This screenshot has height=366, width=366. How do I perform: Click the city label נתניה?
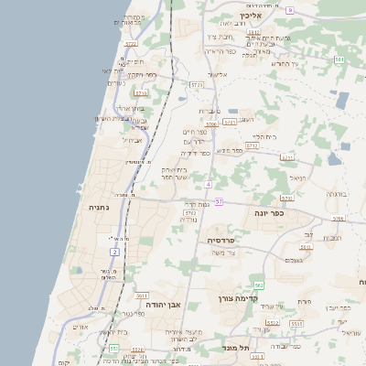[x=98, y=208]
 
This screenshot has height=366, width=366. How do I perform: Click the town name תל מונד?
[x=235, y=348]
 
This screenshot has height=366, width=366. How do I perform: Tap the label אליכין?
[x=251, y=16]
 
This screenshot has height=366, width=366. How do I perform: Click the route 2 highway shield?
[x=115, y=251]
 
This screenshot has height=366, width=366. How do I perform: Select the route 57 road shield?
[x=219, y=200]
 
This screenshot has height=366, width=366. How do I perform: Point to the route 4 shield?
[x=209, y=184]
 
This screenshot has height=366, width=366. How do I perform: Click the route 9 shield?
[x=290, y=9]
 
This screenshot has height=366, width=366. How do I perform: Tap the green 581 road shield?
[x=339, y=60]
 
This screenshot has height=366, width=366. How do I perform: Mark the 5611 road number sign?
[x=141, y=296]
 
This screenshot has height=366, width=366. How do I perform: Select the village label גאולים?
[x=294, y=260]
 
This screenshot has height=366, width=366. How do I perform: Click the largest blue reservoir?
[x=342, y=100]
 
